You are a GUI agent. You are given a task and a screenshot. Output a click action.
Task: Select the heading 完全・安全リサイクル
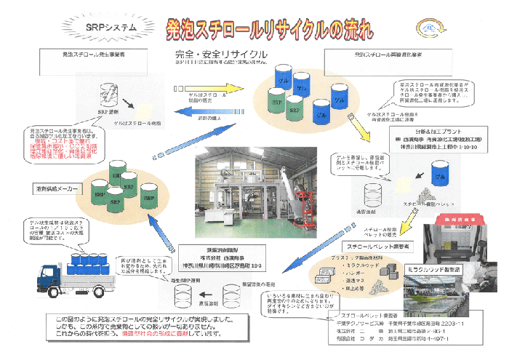220,55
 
